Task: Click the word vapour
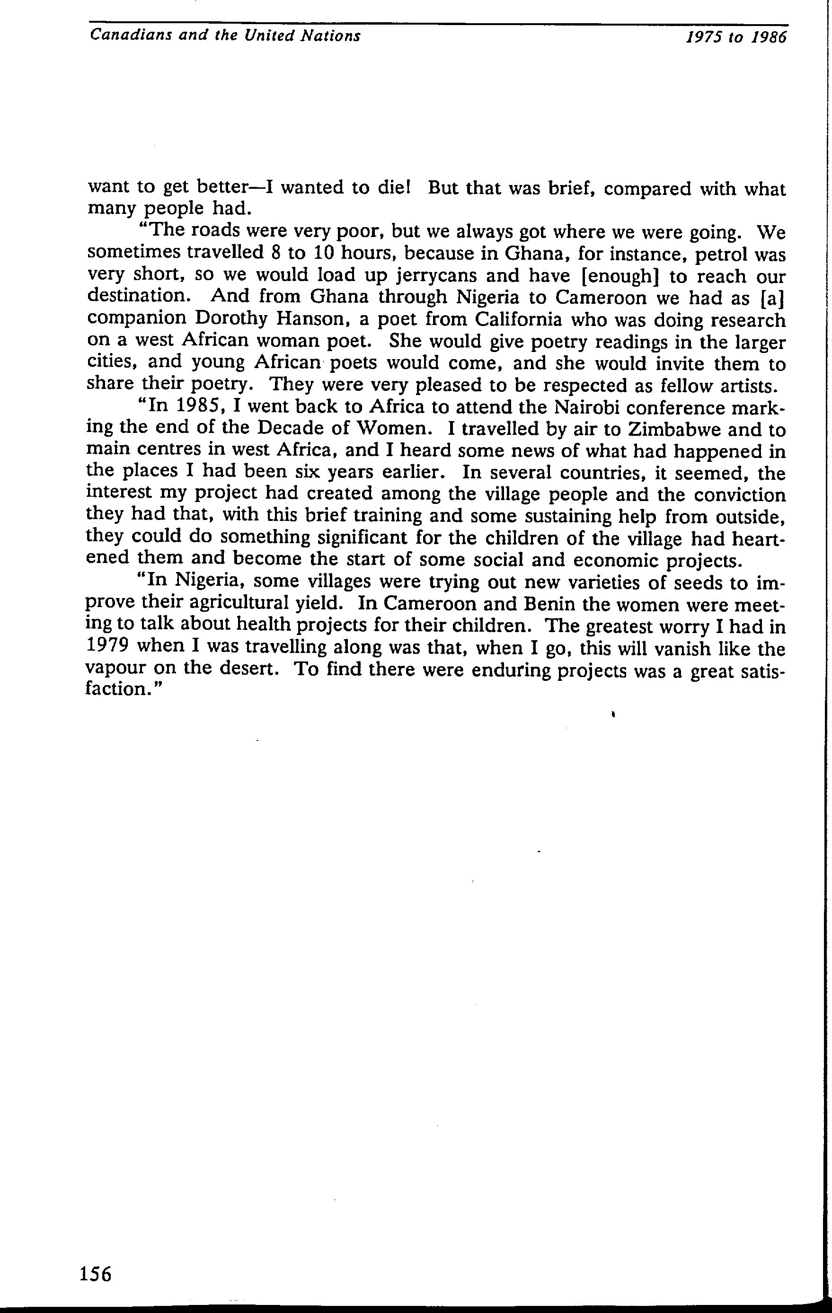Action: [x=115, y=670]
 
